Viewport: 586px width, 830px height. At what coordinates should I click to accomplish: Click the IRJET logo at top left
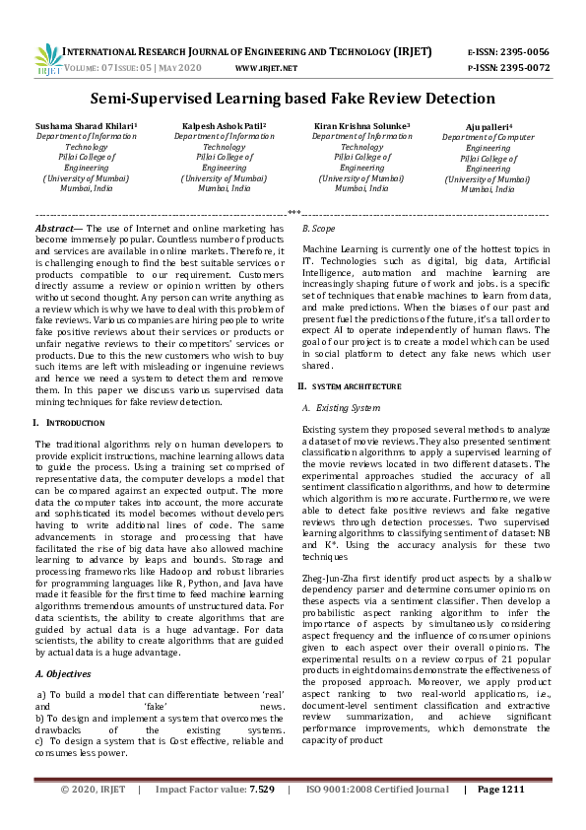click(49, 59)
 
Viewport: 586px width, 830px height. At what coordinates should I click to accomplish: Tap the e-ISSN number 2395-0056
click(525, 51)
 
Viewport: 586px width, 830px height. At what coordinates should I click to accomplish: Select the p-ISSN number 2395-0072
click(525, 67)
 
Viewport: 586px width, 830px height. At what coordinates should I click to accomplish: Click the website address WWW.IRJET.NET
click(267, 68)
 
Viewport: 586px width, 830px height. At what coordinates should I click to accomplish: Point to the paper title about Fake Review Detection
click(293, 99)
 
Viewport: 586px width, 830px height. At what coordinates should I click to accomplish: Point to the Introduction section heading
click(75, 423)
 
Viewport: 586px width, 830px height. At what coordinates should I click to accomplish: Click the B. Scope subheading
click(319, 229)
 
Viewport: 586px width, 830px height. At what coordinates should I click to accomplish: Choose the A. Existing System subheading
click(340, 407)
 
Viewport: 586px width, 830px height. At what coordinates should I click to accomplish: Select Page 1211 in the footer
click(501, 816)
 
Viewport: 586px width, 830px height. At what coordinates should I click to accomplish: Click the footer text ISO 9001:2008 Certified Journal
click(377, 816)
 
